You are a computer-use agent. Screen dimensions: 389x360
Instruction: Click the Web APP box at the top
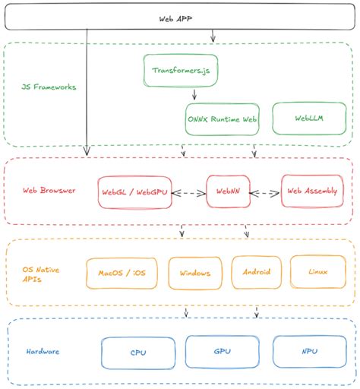[x=180, y=18]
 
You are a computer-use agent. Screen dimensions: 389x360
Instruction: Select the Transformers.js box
[x=176, y=70]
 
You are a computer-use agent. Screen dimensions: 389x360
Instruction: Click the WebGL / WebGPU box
[x=134, y=193]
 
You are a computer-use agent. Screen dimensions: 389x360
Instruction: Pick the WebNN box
[x=229, y=193]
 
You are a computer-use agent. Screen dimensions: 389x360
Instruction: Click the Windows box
[x=195, y=272]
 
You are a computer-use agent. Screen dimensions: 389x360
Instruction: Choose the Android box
[x=257, y=271]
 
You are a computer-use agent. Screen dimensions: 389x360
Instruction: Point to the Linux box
[x=317, y=270]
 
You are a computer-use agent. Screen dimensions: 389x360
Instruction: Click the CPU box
[x=138, y=353]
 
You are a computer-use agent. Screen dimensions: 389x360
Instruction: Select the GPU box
[x=223, y=352]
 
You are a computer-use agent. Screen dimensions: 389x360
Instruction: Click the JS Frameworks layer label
[x=49, y=87]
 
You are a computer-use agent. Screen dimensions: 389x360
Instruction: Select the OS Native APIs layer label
[x=43, y=273]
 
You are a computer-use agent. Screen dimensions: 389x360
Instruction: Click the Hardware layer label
[x=43, y=352]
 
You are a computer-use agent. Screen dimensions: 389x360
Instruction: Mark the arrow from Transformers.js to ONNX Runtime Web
[x=195, y=95]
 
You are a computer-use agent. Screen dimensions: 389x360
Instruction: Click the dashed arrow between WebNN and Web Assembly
[x=265, y=193]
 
